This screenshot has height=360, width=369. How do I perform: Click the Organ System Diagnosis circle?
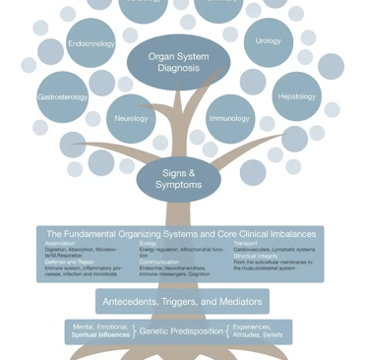click(178, 63)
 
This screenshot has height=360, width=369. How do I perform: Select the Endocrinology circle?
click(91, 44)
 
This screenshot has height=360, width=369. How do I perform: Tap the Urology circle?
click(268, 41)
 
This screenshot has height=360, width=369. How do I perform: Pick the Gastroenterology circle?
click(63, 97)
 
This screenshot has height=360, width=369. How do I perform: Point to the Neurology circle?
click(131, 118)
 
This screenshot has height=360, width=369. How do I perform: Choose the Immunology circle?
click(229, 118)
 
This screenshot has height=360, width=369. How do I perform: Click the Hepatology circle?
click(296, 96)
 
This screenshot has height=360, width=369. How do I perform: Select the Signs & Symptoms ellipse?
click(178, 179)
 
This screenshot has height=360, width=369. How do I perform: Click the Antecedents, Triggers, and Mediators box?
click(182, 301)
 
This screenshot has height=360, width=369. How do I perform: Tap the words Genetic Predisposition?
click(181, 331)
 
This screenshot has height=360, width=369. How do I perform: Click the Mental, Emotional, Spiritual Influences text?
click(99, 331)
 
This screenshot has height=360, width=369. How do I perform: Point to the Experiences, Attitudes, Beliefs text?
click(259, 331)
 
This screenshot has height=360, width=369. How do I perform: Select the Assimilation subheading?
click(60, 243)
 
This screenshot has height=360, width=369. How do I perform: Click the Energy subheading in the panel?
click(148, 243)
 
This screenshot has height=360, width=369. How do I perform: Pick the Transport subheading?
click(245, 243)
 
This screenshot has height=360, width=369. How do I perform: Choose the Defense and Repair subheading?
click(70, 262)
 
